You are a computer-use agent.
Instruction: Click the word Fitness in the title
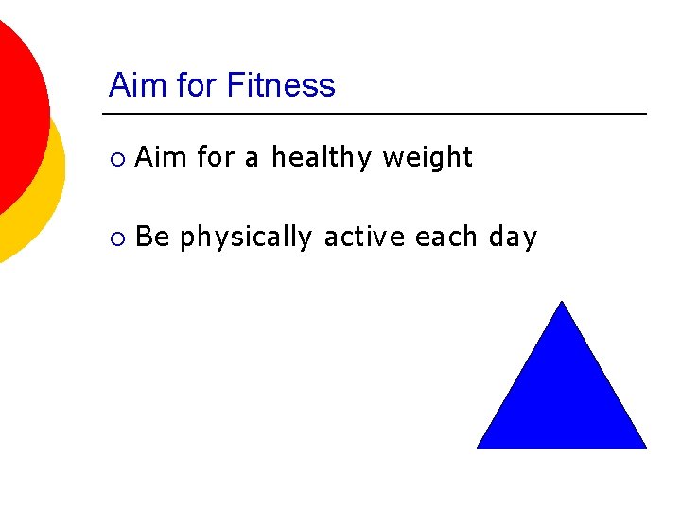tap(280, 86)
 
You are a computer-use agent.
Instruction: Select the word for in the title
tap(195, 86)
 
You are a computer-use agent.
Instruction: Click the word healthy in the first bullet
tap(322, 158)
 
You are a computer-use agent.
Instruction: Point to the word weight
tap(427, 158)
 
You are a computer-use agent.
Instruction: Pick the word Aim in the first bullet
tap(160, 157)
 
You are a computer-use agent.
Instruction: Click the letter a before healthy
tap(251, 159)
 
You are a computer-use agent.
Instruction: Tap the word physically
tap(245, 238)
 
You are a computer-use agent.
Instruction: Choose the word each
tap(446, 237)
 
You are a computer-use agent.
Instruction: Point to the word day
tap(513, 238)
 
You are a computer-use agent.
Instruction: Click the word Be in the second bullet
tap(152, 237)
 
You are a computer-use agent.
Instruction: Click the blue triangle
tap(562, 397)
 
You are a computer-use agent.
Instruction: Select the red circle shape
tap(14, 104)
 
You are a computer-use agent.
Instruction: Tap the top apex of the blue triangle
tap(563, 304)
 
